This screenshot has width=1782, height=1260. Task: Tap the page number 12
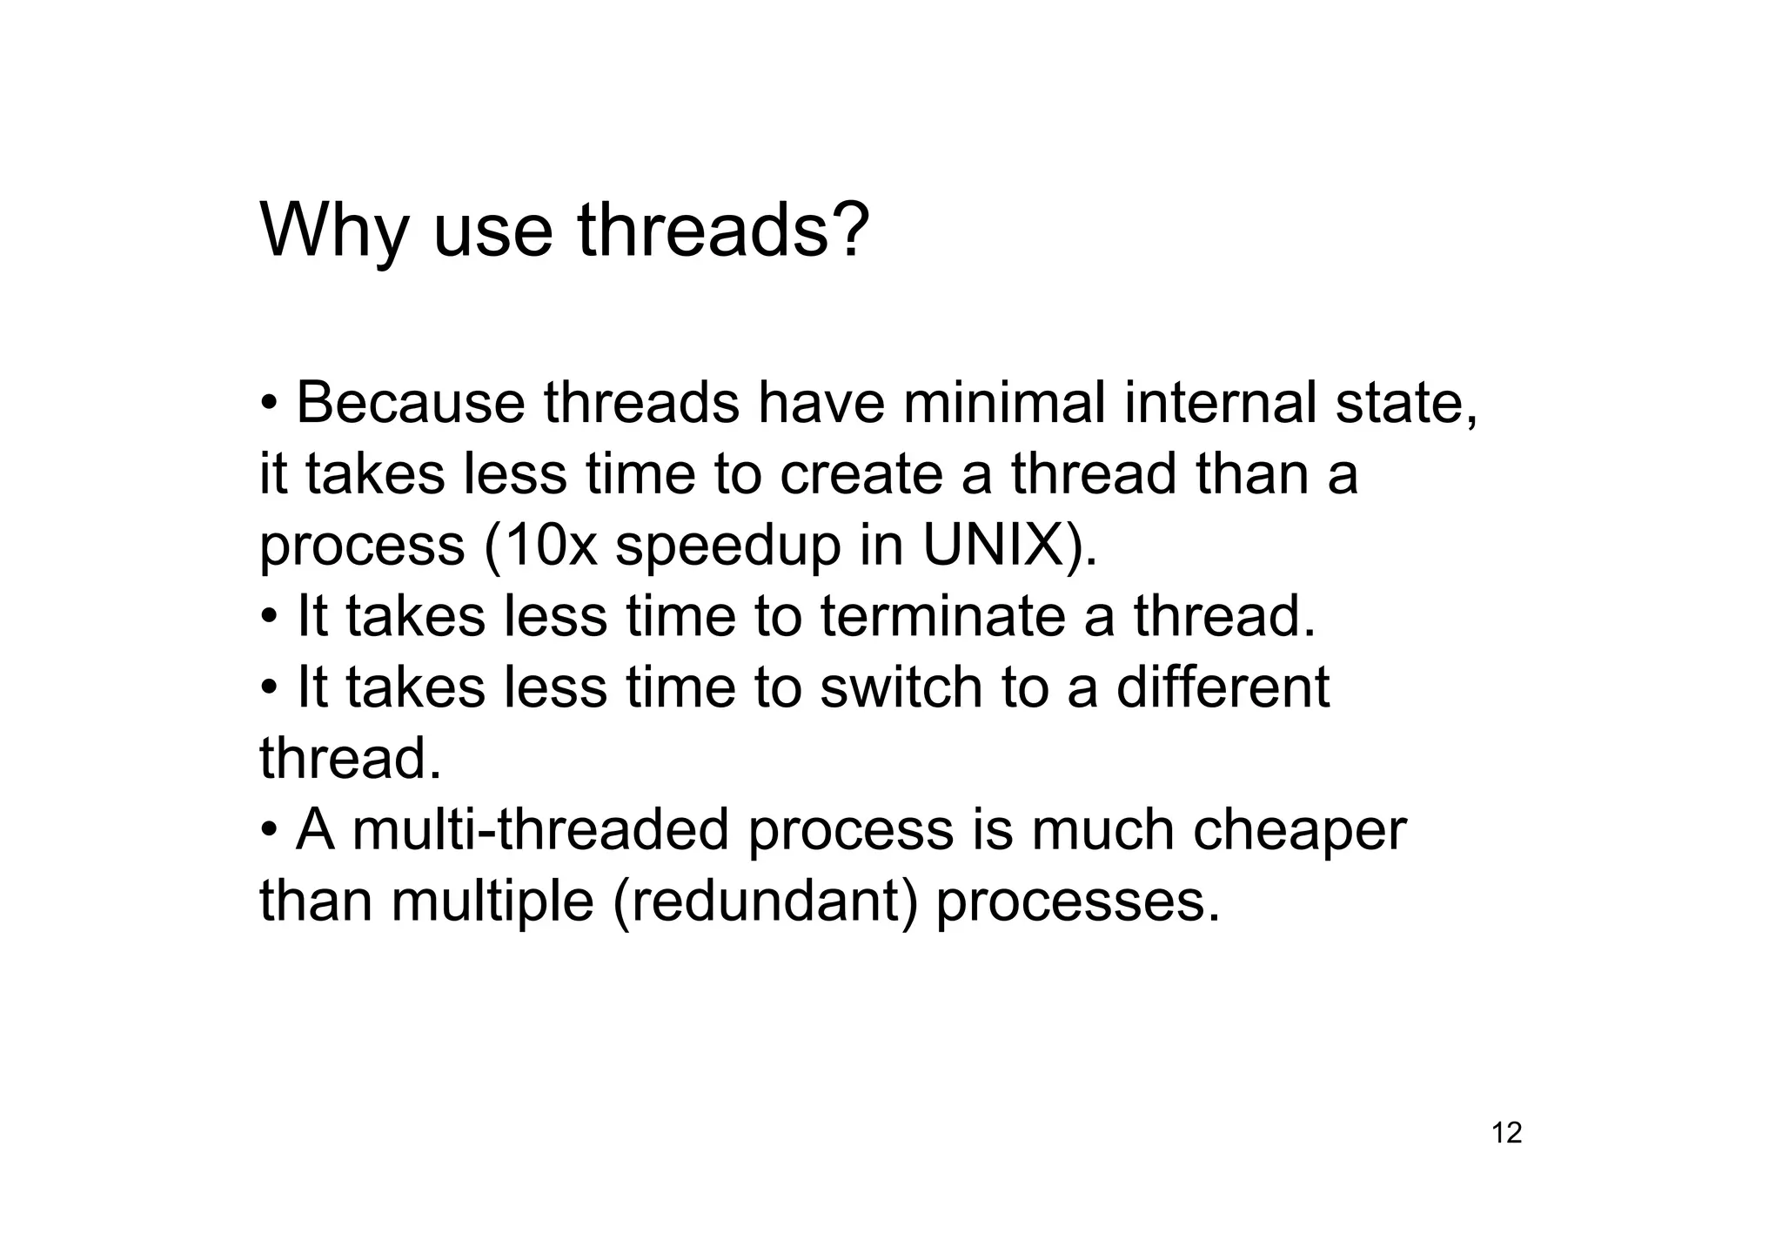pyautogui.click(x=1506, y=1133)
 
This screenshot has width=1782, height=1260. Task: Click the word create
pyautogui.click(x=861, y=475)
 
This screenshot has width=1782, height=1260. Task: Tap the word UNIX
pyautogui.click(x=992, y=546)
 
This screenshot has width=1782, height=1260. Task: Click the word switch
pyautogui.click(x=901, y=687)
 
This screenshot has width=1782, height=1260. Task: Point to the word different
pyautogui.click(x=1223, y=687)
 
